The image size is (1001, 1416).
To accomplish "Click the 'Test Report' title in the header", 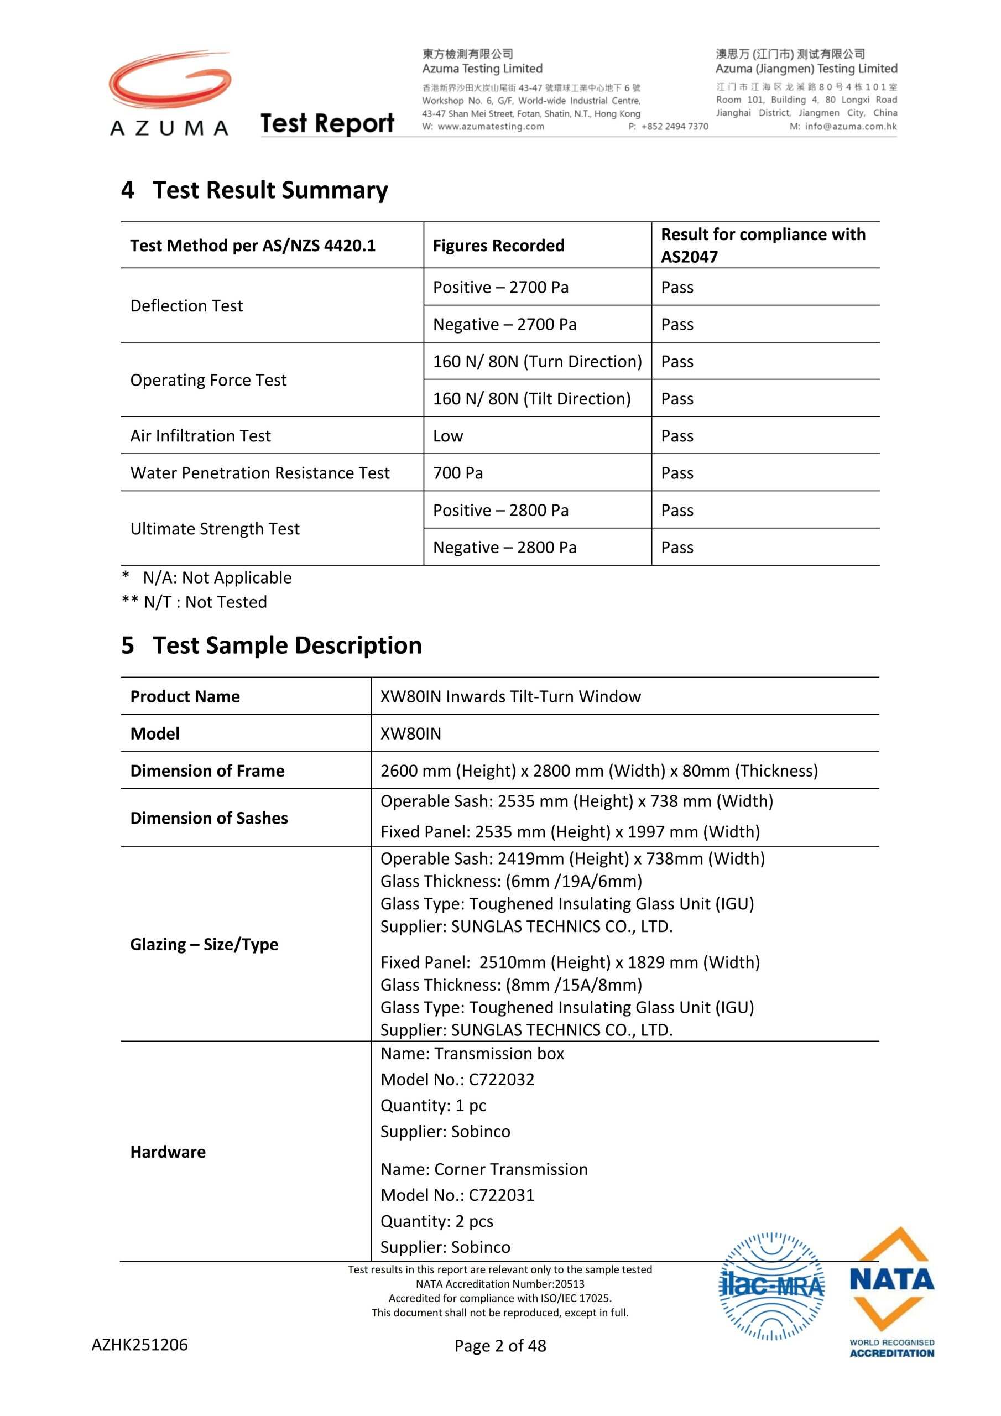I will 327,123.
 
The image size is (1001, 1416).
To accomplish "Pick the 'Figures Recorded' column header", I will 498,246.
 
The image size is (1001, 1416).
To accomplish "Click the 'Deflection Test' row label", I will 186,306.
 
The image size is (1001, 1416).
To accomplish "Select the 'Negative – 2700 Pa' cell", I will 504,324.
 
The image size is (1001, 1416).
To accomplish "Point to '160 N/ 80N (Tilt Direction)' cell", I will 531,399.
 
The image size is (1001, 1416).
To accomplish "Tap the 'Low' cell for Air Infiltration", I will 448,436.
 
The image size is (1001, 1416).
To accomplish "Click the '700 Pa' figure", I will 457,473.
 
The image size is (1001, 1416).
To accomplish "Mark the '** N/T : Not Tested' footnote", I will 194,602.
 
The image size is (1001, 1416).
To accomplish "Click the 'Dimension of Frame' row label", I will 207,771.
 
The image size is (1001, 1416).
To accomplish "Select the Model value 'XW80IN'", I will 411,734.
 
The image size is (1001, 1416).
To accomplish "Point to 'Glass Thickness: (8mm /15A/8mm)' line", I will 512,985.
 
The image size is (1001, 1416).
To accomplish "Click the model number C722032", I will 502,1079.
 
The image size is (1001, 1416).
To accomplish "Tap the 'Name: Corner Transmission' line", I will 484,1169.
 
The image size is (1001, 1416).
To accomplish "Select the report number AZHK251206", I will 140,1345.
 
